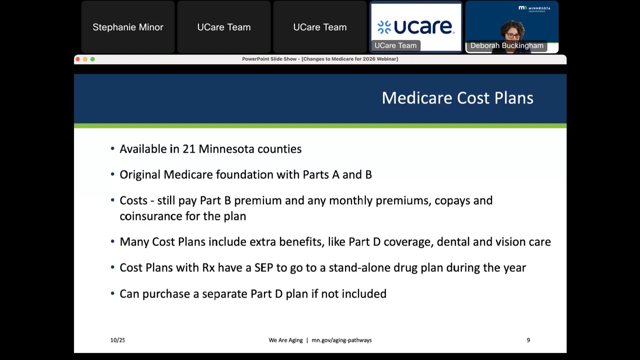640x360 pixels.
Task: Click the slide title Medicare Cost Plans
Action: point(457,98)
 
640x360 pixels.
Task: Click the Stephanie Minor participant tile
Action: point(128,27)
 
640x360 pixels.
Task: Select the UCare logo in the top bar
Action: point(415,26)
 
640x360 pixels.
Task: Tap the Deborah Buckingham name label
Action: point(506,45)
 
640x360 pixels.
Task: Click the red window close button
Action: point(77,59)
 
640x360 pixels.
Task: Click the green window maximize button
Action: point(92,59)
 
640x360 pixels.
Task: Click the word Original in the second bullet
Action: point(140,174)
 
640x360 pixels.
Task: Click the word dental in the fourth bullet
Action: point(453,242)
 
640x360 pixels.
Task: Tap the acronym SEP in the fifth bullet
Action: point(263,268)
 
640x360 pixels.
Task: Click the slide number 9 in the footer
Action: point(528,340)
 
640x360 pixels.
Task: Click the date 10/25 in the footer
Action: point(117,340)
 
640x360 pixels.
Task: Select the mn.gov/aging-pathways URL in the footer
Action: point(341,340)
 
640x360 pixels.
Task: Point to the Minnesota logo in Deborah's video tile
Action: point(534,8)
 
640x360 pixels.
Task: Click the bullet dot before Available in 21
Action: point(112,149)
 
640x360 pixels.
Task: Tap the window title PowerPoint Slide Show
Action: point(320,59)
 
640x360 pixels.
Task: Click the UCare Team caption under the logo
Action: point(395,45)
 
